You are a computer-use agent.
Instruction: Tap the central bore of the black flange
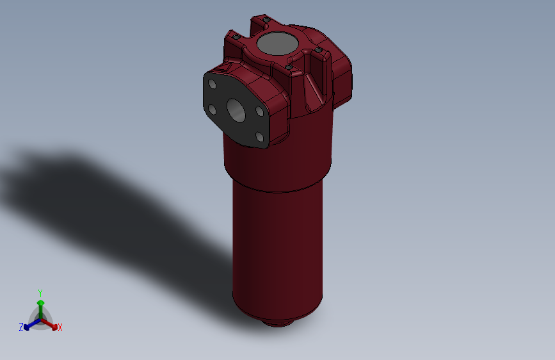coord(236,110)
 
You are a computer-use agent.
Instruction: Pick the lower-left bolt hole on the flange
coord(212,110)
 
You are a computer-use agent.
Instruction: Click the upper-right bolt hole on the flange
coord(260,111)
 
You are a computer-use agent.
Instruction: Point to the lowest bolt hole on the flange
coord(259,136)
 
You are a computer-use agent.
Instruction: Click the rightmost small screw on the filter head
coord(318,50)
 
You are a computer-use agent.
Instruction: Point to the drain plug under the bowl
coord(277,322)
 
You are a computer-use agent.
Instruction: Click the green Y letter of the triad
coord(40,291)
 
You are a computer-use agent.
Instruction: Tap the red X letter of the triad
coord(60,328)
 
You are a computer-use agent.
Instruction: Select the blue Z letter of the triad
coord(20,327)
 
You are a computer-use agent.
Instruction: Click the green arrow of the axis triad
coord(40,304)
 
